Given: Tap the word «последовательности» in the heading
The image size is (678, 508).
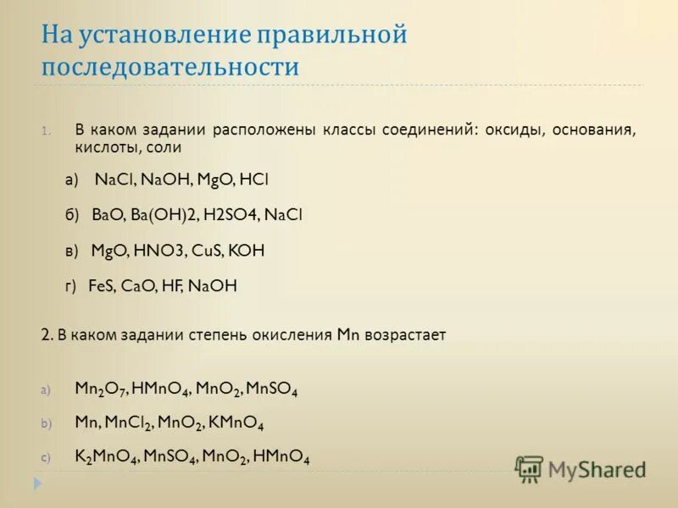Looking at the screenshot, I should point(170,67).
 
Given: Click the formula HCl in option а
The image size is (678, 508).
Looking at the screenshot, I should point(253,179).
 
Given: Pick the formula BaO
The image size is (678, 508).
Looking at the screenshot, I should point(108,215).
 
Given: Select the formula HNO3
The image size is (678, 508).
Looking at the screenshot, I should point(157,251).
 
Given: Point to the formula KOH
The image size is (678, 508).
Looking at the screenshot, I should point(248,251).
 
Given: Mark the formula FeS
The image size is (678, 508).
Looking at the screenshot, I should point(102,286).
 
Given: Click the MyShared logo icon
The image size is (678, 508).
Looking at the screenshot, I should point(529,468).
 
